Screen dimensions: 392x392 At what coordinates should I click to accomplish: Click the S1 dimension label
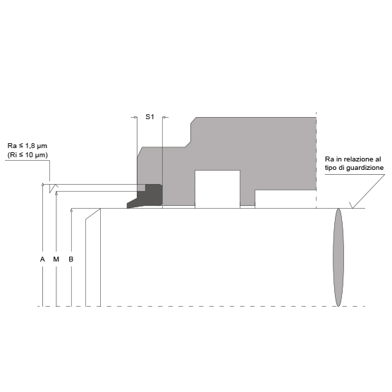click(149, 117)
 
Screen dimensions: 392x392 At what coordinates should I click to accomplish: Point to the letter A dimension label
click(42, 259)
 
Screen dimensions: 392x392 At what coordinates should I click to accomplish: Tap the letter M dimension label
click(56, 259)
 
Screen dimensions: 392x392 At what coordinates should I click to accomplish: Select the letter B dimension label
click(71, 259)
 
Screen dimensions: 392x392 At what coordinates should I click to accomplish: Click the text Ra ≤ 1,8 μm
click(27, 146)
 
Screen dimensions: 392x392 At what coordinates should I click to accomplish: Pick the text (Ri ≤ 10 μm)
click(27, 155)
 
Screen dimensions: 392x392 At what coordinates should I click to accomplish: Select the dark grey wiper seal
click(145, 196)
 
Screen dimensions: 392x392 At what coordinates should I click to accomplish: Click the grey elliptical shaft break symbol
click(338, 257)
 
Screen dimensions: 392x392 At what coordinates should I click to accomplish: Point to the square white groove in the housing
click(217, 189)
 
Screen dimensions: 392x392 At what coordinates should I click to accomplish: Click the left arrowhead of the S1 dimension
click(135, 117)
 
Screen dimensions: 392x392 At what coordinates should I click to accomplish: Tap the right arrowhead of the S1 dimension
click(164, 117)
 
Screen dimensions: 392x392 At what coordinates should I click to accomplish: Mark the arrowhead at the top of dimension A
click(43, 185)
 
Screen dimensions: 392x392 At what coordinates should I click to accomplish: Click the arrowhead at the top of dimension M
click(56, 192)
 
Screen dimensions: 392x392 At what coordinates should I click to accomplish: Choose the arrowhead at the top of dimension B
click(71, 210)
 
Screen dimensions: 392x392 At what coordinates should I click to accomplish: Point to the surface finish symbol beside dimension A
click(54, 188)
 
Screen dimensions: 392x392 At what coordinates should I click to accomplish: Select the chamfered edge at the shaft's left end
click(93, 214)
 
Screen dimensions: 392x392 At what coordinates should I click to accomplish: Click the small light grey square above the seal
click(141, 188)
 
